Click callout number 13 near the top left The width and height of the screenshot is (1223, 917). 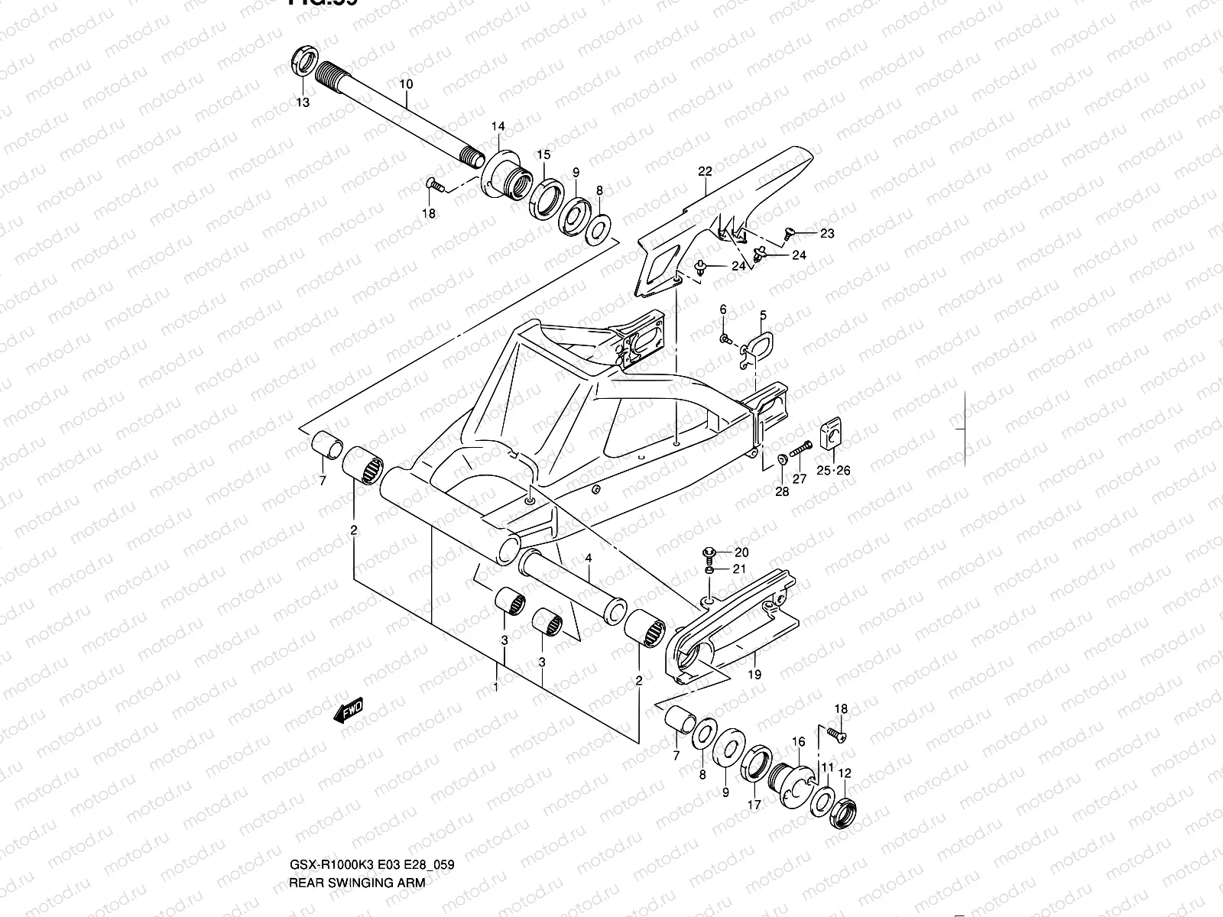303,102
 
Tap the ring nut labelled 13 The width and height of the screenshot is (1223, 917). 303,63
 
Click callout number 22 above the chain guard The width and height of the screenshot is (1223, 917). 705,171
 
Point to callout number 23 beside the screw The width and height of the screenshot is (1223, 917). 827,234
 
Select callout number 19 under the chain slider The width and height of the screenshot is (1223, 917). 754,675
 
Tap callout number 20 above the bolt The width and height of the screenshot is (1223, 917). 741,552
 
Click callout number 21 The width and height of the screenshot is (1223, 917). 739,569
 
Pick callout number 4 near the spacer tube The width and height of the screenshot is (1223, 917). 589,559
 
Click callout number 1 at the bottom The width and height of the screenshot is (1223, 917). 496,687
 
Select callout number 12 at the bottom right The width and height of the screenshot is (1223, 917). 844,773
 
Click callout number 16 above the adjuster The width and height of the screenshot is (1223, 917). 798,741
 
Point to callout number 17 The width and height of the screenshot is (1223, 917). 754,804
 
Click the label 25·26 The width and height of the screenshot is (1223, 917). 832,471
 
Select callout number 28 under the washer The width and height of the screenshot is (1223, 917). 781,491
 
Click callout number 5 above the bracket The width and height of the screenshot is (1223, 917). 763,315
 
